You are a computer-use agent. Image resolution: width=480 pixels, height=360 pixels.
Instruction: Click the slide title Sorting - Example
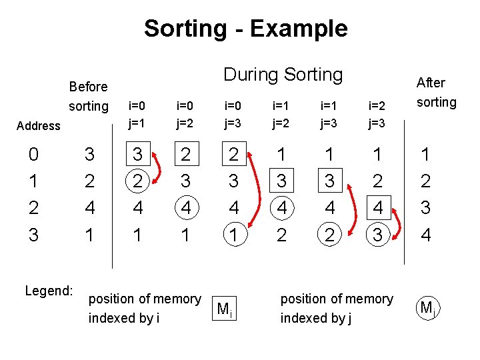coord(245,29)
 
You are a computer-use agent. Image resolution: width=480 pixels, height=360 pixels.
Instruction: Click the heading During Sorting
coord(283,75)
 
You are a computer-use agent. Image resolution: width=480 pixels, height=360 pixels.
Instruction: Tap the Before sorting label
coord(88,96)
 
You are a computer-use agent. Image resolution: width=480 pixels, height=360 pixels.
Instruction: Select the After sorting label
coord(436,92)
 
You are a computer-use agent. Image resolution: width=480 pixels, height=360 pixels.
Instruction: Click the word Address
coord(39,125)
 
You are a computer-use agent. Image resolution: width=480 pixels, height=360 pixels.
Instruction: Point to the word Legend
coord(49,291)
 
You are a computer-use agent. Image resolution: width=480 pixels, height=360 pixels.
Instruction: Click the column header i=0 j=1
coord(137,114)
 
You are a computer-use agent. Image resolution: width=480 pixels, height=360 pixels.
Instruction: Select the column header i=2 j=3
coord(377,114)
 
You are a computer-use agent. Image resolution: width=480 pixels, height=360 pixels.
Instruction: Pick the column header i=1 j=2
coord(281,114)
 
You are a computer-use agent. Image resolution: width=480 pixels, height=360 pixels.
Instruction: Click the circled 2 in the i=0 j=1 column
coord(137,181)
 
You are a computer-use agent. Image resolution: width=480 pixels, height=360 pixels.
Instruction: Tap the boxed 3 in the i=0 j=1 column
coord(137,155)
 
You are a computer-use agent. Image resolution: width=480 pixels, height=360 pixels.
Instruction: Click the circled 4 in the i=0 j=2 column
coord(186,208)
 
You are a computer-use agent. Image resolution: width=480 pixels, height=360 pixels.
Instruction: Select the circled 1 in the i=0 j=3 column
coord(233,235)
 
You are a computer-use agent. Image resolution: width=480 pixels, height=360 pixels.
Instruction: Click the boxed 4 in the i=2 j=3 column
coord(377,208)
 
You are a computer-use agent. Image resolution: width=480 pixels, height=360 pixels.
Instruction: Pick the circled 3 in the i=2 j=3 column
coord(377,235)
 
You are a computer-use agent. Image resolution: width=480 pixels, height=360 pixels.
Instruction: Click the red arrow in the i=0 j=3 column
coord(253,193)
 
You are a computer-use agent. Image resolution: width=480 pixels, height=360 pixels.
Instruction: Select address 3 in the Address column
coord(34,235)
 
